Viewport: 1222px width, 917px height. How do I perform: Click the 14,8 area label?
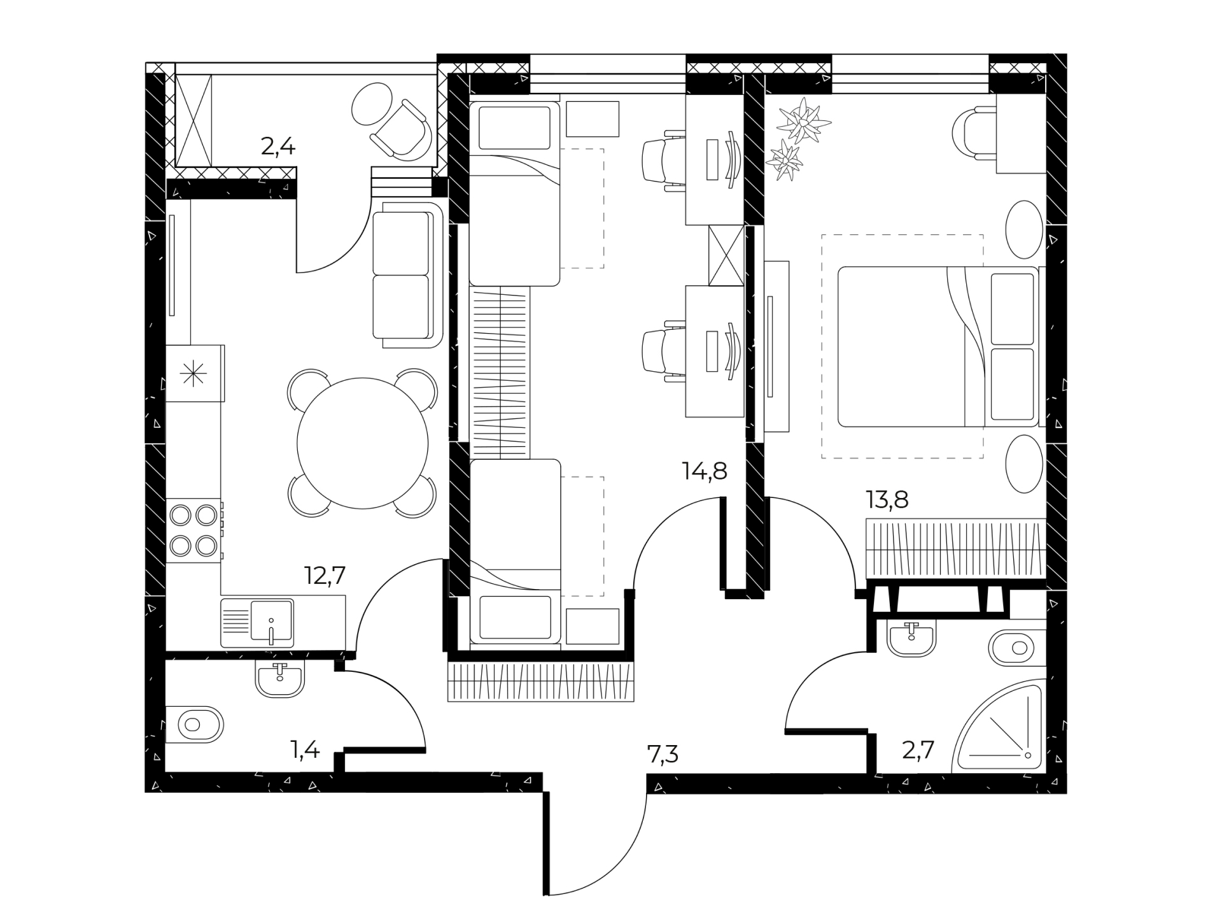point(704,472)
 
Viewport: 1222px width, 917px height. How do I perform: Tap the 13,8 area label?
point(887,500)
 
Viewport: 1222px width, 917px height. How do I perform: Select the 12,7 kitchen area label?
point(325,576)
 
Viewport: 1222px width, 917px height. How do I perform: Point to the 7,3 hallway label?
point(663,755)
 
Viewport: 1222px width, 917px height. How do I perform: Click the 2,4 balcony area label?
point(278,147)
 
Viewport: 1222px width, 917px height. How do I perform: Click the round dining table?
point(363,443)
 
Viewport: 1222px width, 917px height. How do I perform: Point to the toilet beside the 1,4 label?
point(194,724)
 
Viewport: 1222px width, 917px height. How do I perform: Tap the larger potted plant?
point(804,121)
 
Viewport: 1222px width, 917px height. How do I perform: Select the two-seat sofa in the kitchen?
point(407,275)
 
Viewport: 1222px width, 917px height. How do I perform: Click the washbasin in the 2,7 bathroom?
point(911,639)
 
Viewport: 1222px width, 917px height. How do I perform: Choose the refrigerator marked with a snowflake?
point(195,373)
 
